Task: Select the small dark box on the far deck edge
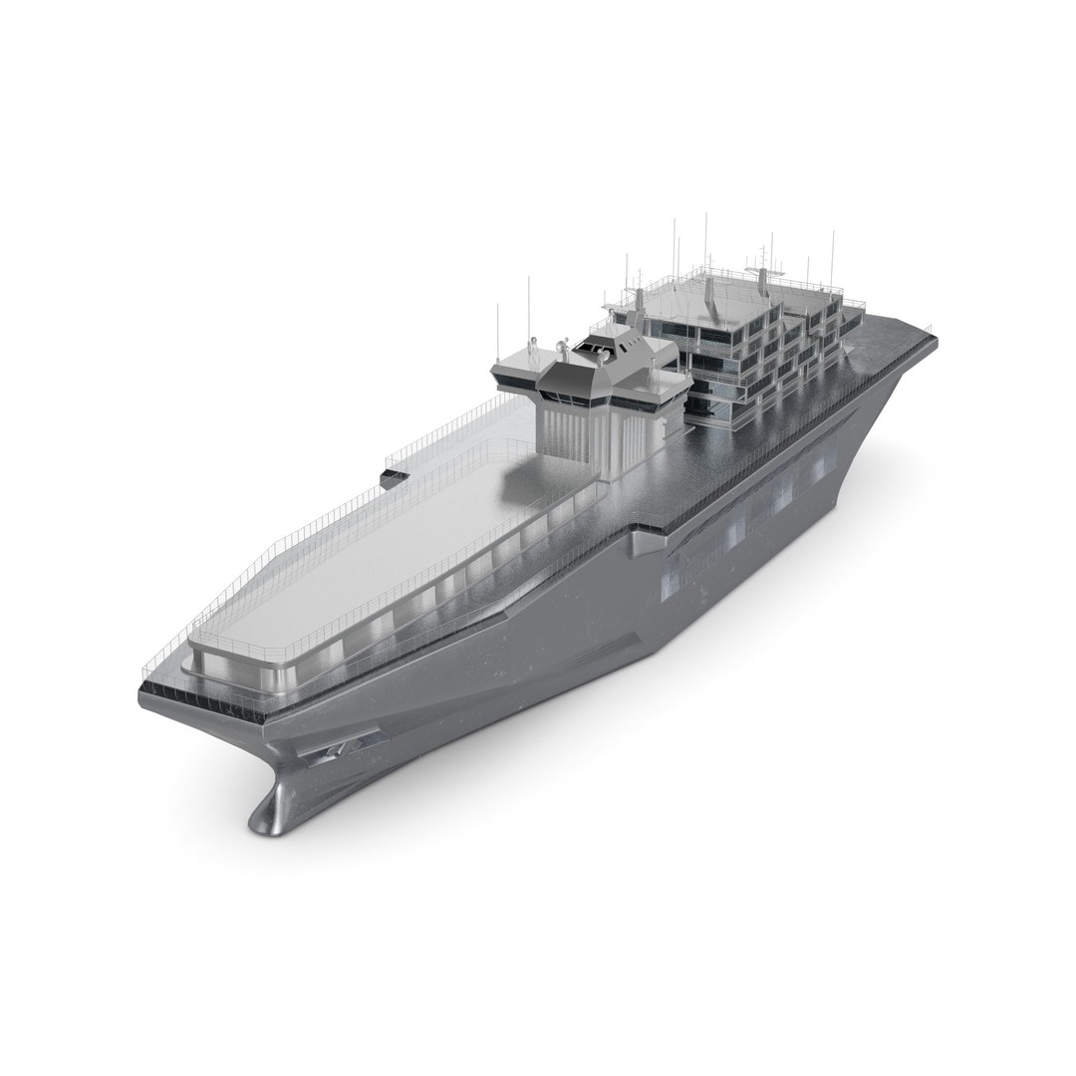tap(394, 479)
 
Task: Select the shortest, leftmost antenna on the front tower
tap(497, 333)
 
